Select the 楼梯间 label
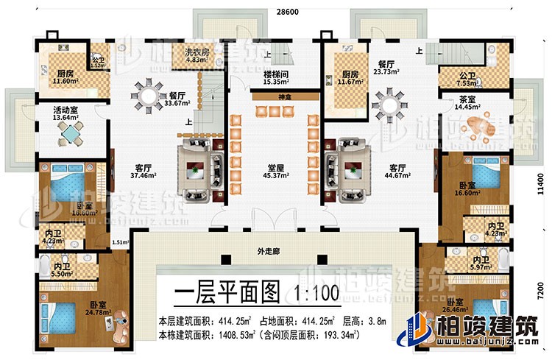275,75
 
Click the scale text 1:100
316,293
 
